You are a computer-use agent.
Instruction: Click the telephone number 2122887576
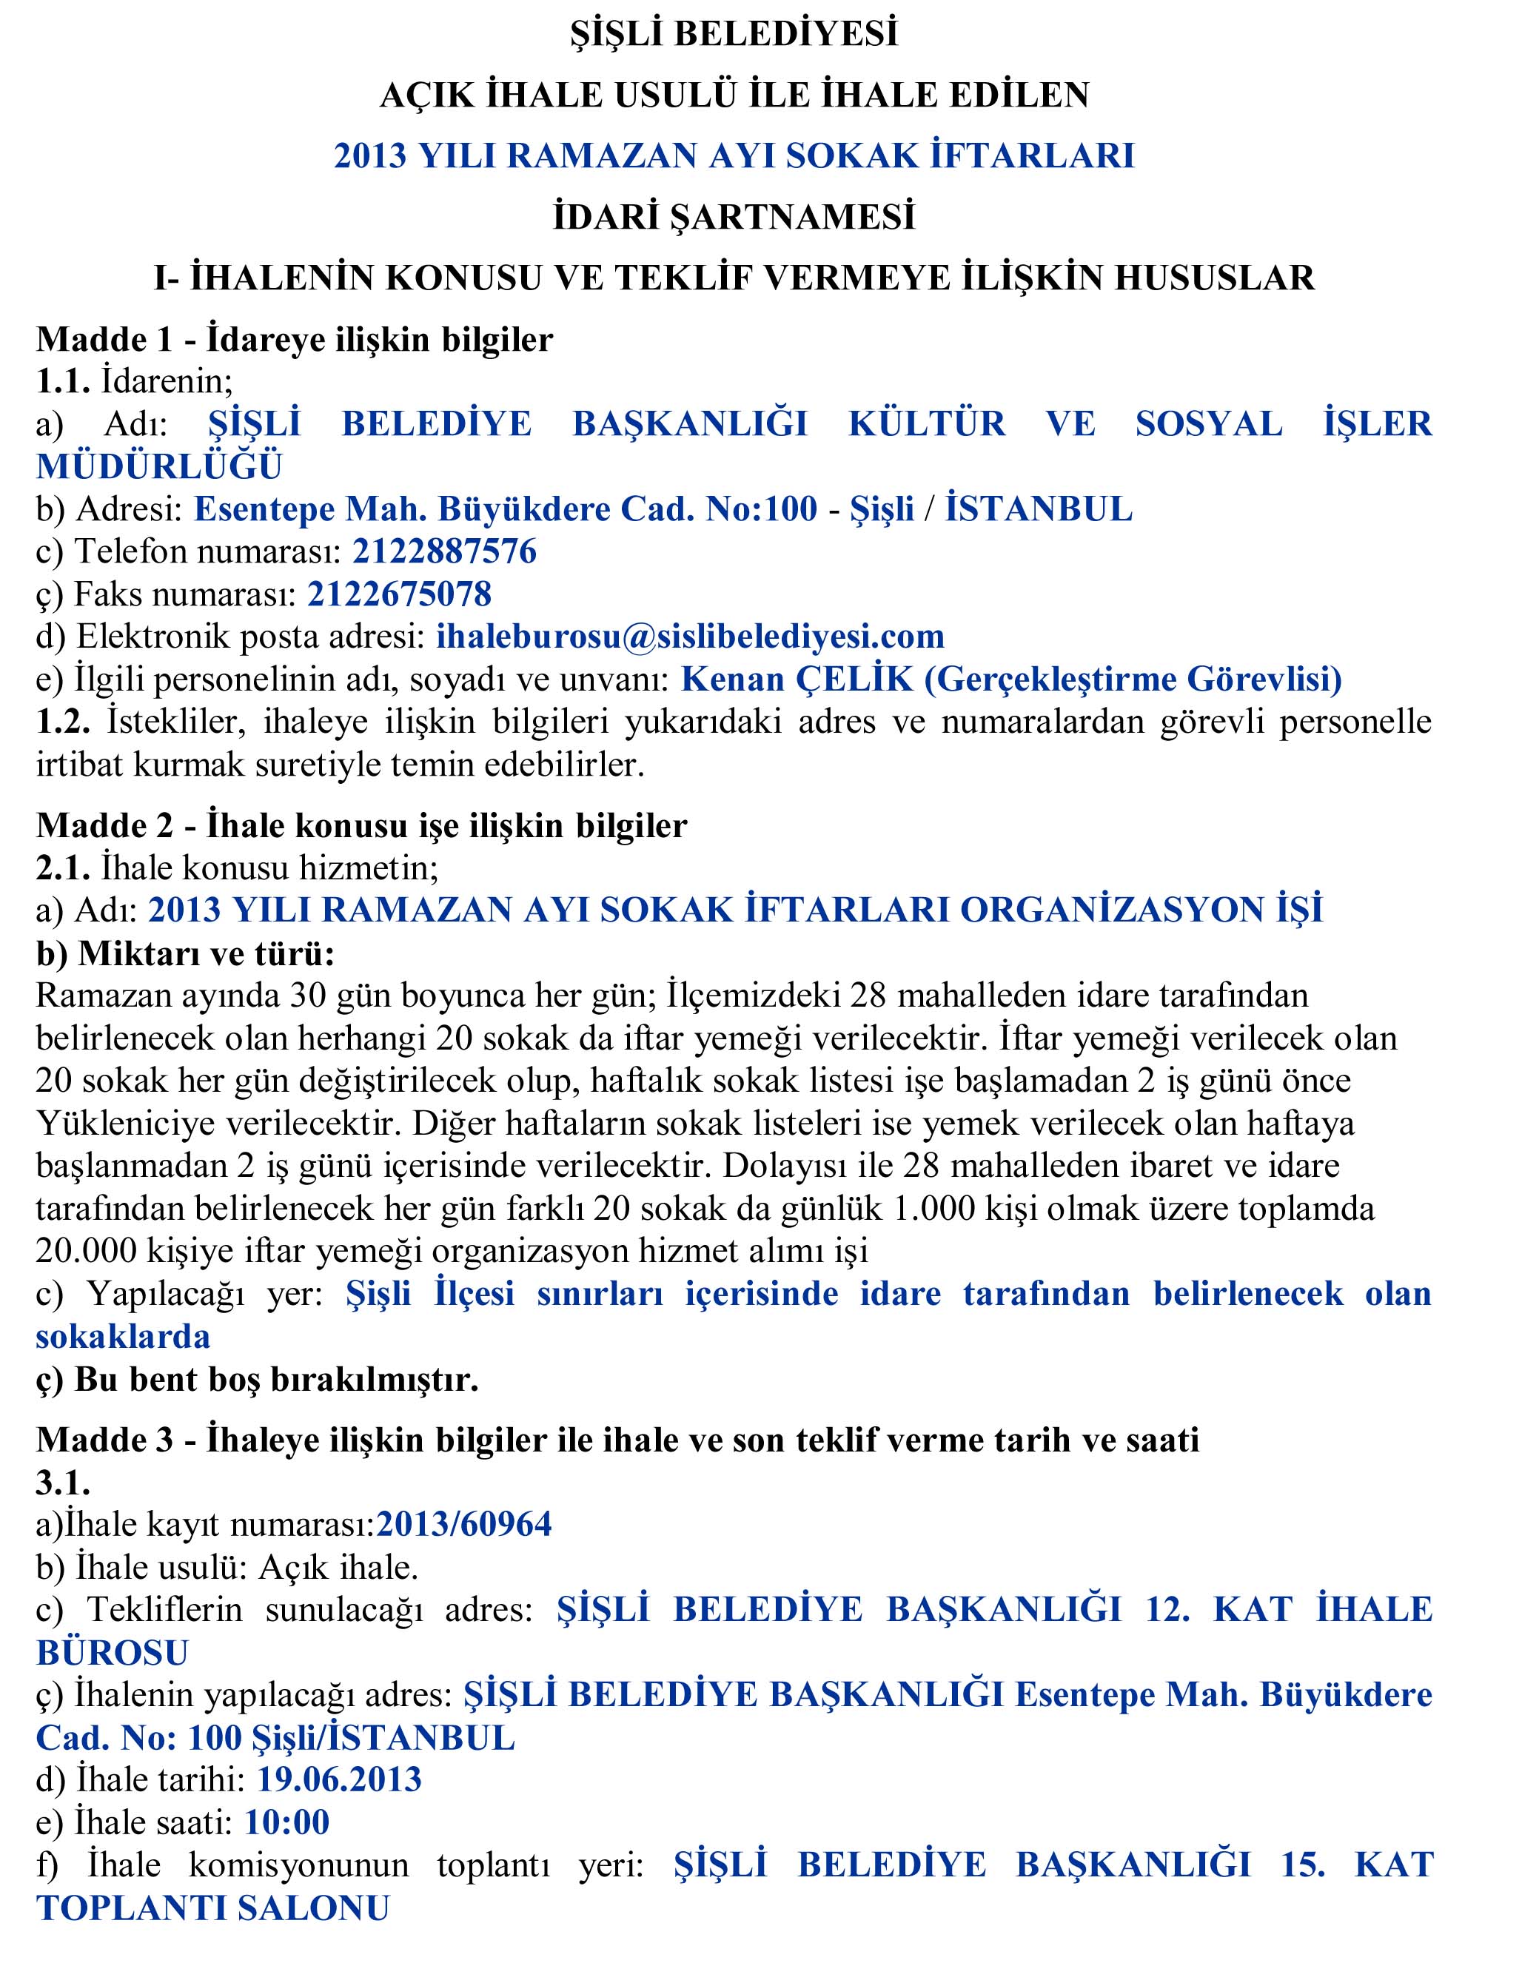pos(444,551)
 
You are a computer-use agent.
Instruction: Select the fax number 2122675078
pos(400,594)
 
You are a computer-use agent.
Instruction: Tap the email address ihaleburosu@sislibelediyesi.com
pos(691,637)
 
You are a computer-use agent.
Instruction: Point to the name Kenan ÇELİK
pos(797,679)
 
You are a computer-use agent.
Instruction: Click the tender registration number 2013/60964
pos(464,1524)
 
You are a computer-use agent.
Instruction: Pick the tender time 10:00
pos(287,1822)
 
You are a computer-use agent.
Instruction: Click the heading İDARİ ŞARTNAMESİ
pos(734,218)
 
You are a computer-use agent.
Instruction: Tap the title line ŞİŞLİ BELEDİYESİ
pos(734,33)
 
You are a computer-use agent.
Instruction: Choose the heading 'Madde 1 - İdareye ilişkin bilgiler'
pos(295,340)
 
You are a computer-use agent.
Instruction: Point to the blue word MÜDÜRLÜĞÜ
pos(159,466)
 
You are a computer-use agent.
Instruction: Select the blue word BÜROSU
pos(113,1653)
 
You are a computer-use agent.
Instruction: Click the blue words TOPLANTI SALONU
pos(213,1908)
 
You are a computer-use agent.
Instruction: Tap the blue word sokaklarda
pos(123,1337)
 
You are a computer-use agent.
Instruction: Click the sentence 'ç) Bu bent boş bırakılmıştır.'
pos(258,1380)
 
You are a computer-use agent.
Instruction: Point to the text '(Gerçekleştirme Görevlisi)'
pos(1133,679)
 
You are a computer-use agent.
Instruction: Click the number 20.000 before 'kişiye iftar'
pos(87,1251)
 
